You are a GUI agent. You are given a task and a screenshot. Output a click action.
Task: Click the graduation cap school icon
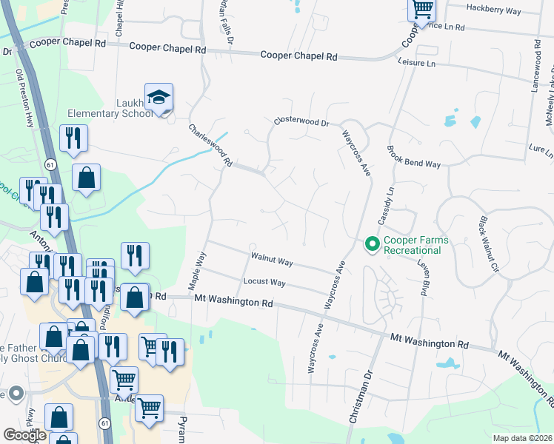[158, 98]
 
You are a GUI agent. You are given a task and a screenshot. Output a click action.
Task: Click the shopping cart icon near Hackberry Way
[421, 10]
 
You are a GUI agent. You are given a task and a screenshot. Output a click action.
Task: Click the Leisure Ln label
[418, 64]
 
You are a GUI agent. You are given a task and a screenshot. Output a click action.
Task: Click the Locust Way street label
[264, 283]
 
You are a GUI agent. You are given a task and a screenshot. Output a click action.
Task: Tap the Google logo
[24, 434]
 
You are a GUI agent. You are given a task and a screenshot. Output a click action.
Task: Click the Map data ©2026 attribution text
[522, 438]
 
